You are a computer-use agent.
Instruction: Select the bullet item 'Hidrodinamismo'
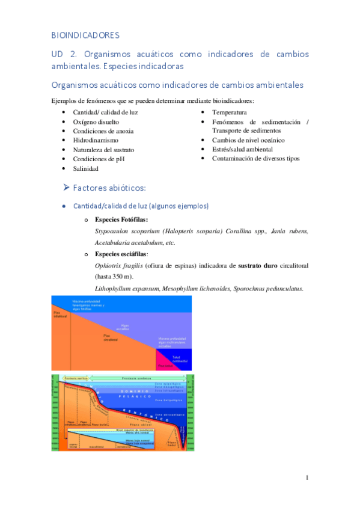pyautogui.click(x=95, y=140)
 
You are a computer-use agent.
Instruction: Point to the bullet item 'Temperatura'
pyautogui.click(x=229, y=112)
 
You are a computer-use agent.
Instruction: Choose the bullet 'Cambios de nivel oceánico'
pyautogui.click(x=248, y=140)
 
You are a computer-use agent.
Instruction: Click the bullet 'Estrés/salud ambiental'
pyautogui.click(x=242, y=149)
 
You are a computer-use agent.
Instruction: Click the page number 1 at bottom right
pyautogui.click(x=307, y=478)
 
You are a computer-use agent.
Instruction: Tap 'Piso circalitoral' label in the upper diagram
pyautogui.click(x=110, y=337)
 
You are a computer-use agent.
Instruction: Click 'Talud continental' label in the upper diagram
pyautogui.click(x=180, y=358)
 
